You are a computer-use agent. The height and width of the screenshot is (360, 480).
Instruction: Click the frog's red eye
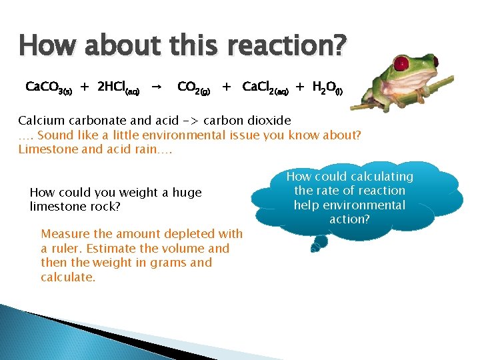pos(401,65)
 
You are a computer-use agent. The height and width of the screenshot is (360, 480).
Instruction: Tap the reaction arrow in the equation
pos(155,87)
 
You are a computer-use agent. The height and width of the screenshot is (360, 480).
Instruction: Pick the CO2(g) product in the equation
pos(194,87)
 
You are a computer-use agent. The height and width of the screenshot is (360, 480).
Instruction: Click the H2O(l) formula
pos(327,87)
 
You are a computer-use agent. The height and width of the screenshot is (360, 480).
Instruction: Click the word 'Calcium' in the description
pos(42,121)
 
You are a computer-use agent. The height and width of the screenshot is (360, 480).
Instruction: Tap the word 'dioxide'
pos(269,121)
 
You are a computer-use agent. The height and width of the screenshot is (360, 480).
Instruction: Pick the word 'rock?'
pos(106,207)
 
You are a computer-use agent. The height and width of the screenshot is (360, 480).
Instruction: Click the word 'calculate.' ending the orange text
pos(68,277)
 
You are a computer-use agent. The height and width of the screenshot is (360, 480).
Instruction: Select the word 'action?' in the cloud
pos(349,219)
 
